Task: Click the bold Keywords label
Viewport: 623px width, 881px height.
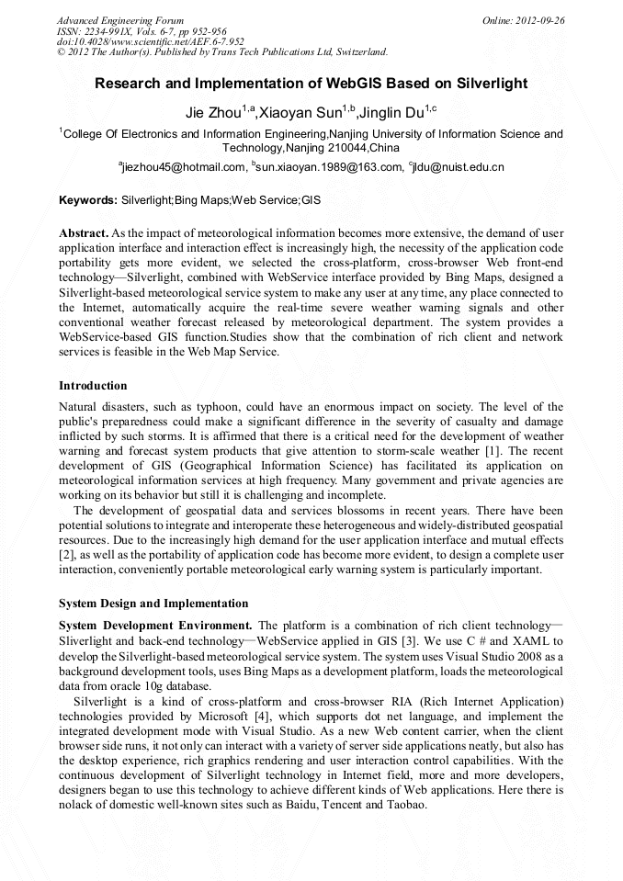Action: pyautogui.click(x=87, y=199)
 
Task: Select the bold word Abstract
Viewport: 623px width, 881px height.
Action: pyautogui.click(x=84, y=234)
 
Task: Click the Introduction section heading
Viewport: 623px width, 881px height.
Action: pyautogui.click(x=93, y=385)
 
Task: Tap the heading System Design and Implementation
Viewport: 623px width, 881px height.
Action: pyautogui.click(x=153, y=604)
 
